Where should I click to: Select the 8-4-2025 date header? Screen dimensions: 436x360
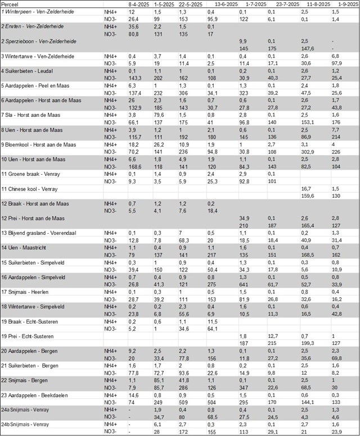tap(139, 3)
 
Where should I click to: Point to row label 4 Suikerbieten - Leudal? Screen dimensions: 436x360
tap(29, 71)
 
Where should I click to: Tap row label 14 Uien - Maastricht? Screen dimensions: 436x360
tap(28, 247)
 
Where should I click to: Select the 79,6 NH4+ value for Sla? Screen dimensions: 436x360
tap(160, 115)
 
